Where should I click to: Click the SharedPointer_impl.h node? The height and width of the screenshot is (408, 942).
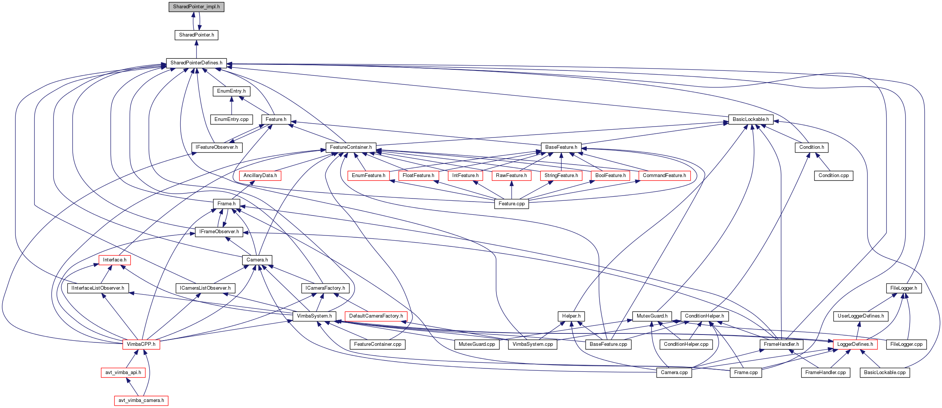point(196,7)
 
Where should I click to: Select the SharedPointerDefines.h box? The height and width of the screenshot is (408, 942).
point(196,63)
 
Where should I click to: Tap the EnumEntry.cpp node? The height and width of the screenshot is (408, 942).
point(231,119)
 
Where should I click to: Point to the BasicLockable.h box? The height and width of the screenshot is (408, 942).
point(750,119)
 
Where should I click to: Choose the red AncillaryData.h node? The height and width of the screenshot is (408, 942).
point(260,176)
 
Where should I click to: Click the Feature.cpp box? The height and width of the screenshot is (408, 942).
point(511,204)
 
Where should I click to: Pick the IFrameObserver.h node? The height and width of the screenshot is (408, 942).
point(219,232)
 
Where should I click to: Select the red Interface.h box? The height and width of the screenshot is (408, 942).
point(114,260)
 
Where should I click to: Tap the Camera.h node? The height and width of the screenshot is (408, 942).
point(257,260)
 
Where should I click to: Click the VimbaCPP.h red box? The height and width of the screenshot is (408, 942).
point(141,344)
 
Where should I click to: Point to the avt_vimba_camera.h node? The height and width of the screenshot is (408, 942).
point(141,400)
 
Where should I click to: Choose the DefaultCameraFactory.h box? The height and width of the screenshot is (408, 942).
point(376,316)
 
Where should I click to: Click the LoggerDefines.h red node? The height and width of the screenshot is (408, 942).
point(855,344)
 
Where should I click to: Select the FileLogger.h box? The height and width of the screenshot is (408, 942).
point(904,288)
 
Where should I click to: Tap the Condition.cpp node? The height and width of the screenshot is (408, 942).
point(834,176)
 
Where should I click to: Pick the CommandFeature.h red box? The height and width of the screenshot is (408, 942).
point(664,176)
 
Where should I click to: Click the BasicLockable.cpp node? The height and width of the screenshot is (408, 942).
point(885,373)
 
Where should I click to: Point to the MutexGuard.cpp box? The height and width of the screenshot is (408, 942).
point(477,344)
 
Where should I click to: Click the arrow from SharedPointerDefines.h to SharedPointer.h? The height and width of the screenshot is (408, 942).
point(196,49)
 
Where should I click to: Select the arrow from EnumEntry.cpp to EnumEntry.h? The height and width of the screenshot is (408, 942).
point(231,105)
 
